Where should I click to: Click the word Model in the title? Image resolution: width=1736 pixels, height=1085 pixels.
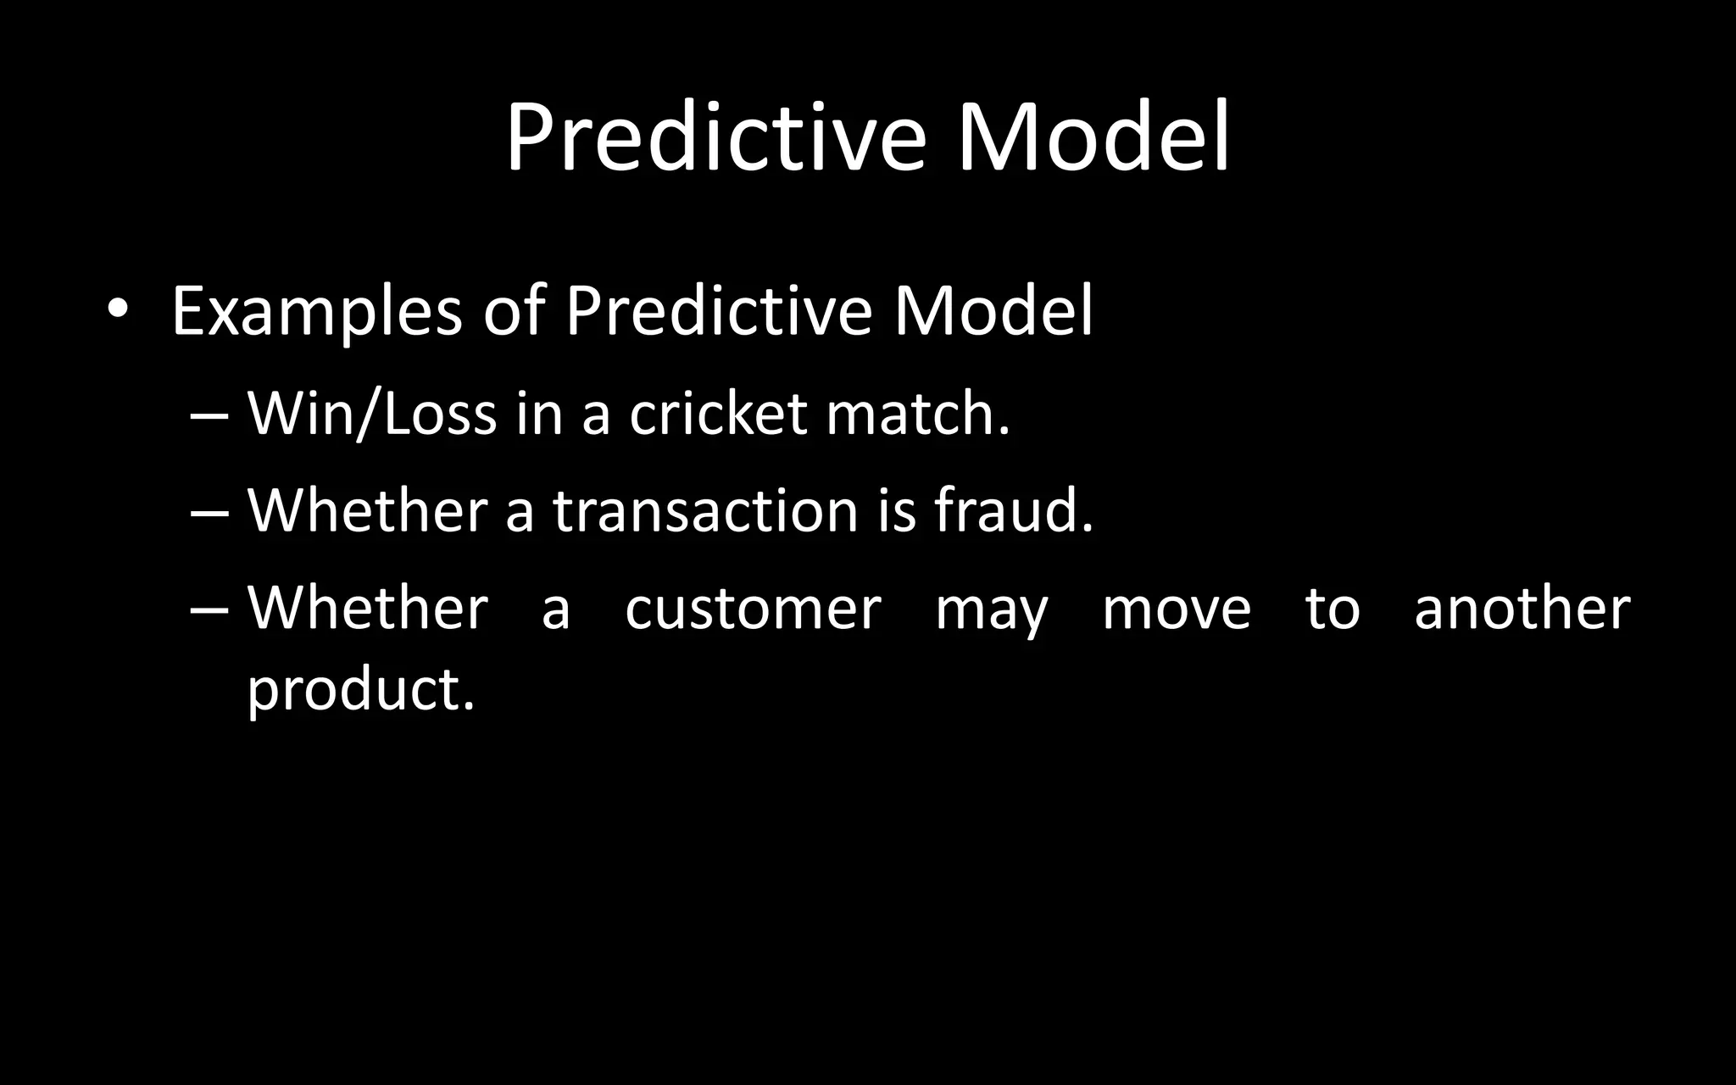pyautogui.click(x=1093, y=137)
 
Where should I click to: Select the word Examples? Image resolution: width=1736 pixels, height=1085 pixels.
pyautogui.click(x=316, y=313)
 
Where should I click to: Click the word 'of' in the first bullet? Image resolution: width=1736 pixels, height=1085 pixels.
pyautogui.click(x=514, y=311)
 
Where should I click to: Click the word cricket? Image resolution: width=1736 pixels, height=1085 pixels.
pyautogui.click(x=717, y=415)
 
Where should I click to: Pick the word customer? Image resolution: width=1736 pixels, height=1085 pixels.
pyautogui.click(x=753, y=609)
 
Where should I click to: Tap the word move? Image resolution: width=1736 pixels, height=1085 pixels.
pyautogui.click(x=1176, y=609)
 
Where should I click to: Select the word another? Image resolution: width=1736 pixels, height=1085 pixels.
pyautogui.click(x=1522, y=609)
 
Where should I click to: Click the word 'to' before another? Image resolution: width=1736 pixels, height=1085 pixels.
pyautogui.click(x=1332, y=609)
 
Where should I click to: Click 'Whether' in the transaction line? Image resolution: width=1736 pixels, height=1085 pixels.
pyautogui.click(x=367, y=511)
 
